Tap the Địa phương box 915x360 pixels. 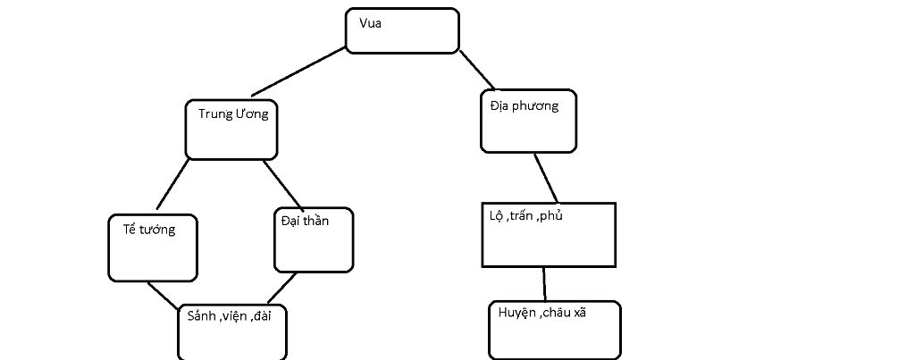point(527,121)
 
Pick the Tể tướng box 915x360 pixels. point(153,247)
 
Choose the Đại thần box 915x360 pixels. point(313,239)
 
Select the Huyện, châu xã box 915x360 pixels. point(554,330)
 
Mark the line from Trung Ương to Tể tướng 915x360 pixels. point(173,187)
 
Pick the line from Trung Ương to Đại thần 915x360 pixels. point(286,185)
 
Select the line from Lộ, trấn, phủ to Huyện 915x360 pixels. point(542,283)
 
